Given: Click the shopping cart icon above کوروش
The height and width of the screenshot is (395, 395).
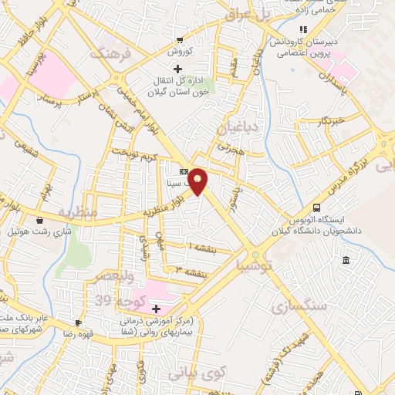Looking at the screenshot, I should point(180,41).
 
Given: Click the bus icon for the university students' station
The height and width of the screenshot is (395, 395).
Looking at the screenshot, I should point(316,208).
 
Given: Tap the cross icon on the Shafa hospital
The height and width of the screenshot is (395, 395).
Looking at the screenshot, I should point(156,308).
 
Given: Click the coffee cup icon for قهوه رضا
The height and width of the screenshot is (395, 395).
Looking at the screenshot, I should point(77,323).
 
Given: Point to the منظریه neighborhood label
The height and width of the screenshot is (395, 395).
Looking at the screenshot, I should point(76,212).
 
